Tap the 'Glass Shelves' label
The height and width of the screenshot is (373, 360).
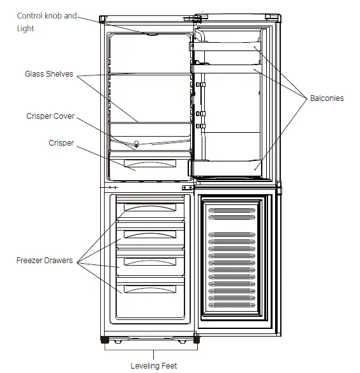[49, 74]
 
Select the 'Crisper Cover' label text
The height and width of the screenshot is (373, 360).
[50, 116]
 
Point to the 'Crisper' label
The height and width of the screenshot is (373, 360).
[61, 143]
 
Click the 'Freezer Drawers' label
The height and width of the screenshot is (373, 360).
[44, 261]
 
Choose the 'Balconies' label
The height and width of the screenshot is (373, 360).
[326, 98]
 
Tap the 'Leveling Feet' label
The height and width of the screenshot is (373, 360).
[153, 365]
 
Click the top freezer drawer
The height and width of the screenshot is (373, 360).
[150, 208]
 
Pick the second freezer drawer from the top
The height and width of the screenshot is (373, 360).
[150, 235]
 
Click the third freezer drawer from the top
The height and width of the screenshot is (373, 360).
[150, 263]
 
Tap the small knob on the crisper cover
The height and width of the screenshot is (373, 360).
[137, 144]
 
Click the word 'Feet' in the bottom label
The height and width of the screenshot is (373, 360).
[169, 365]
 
